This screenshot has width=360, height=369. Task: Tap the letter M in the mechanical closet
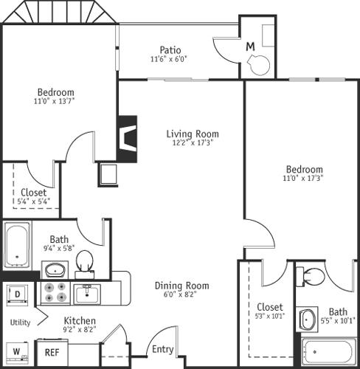[x=250, y=46]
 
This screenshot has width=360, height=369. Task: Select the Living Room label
[x=193, y=134]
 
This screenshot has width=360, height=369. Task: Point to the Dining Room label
[x=181, y=286]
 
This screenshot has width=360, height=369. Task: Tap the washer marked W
[x=16, y=351]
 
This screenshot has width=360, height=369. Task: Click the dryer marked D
[x=16, y=294]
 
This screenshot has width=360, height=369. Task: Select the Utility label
[x=20, y=323]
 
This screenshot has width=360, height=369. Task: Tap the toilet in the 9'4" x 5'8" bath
[x=85, y=260]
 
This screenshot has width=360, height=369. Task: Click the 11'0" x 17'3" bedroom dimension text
[x=303, y=178]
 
